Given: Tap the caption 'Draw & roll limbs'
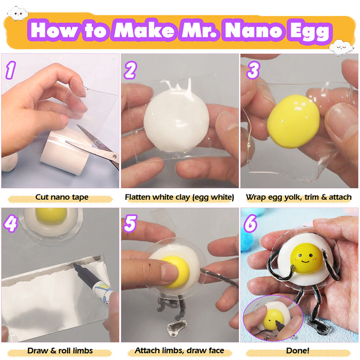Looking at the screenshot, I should [x=60, y=351].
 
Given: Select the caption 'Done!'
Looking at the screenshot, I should [x=299, y=351].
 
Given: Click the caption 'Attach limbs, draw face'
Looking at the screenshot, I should [x=180, y=351].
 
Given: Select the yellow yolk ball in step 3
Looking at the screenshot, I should [x=293, y=121].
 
